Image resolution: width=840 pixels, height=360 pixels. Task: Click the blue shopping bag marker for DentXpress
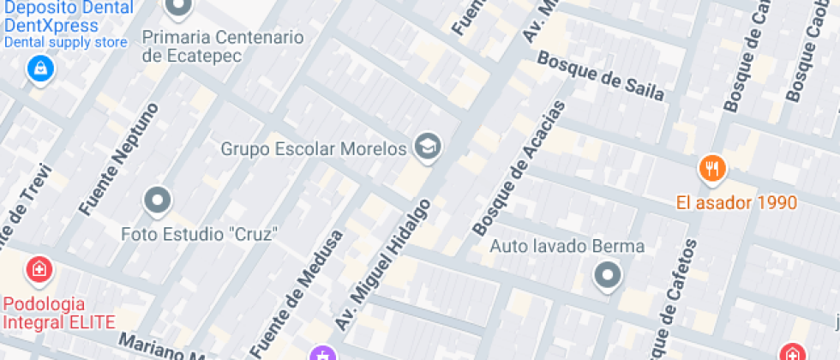pyautogui.click(x=39, y=69)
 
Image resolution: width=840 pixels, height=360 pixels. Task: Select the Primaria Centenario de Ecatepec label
pyautogui.click(x=223, y=46)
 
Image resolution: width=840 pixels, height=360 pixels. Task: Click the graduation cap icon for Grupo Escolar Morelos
pyautogui.click(x=426, y=147)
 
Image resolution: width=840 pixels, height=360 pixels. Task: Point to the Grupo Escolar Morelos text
pyautogui.click(x=313, y=149)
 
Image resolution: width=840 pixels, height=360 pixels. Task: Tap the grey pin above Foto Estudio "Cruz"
pyautogui.click(x=158, y=201)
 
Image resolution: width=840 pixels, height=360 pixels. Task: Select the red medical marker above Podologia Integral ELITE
pyautogui.click(x=39, y=271)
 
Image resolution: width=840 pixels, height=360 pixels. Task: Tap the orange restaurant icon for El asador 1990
pyautogui.click(x=711, y=169)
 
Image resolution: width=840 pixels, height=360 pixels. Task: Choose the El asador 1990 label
pyautogui.click(x=736, y=203)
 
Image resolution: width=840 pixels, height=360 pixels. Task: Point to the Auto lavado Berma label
pyautogui.click(x=567, y=247)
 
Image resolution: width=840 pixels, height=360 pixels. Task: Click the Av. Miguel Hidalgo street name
pyautogui.click(x=381, y=267)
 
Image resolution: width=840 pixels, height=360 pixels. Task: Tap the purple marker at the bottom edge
pyautogui.click(x=322, y=353)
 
